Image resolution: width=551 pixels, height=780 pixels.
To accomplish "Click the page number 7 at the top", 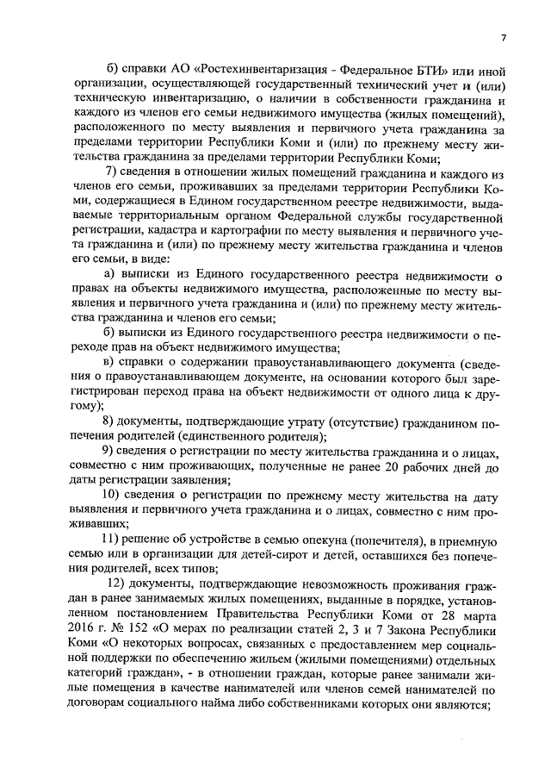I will pos(504,38).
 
